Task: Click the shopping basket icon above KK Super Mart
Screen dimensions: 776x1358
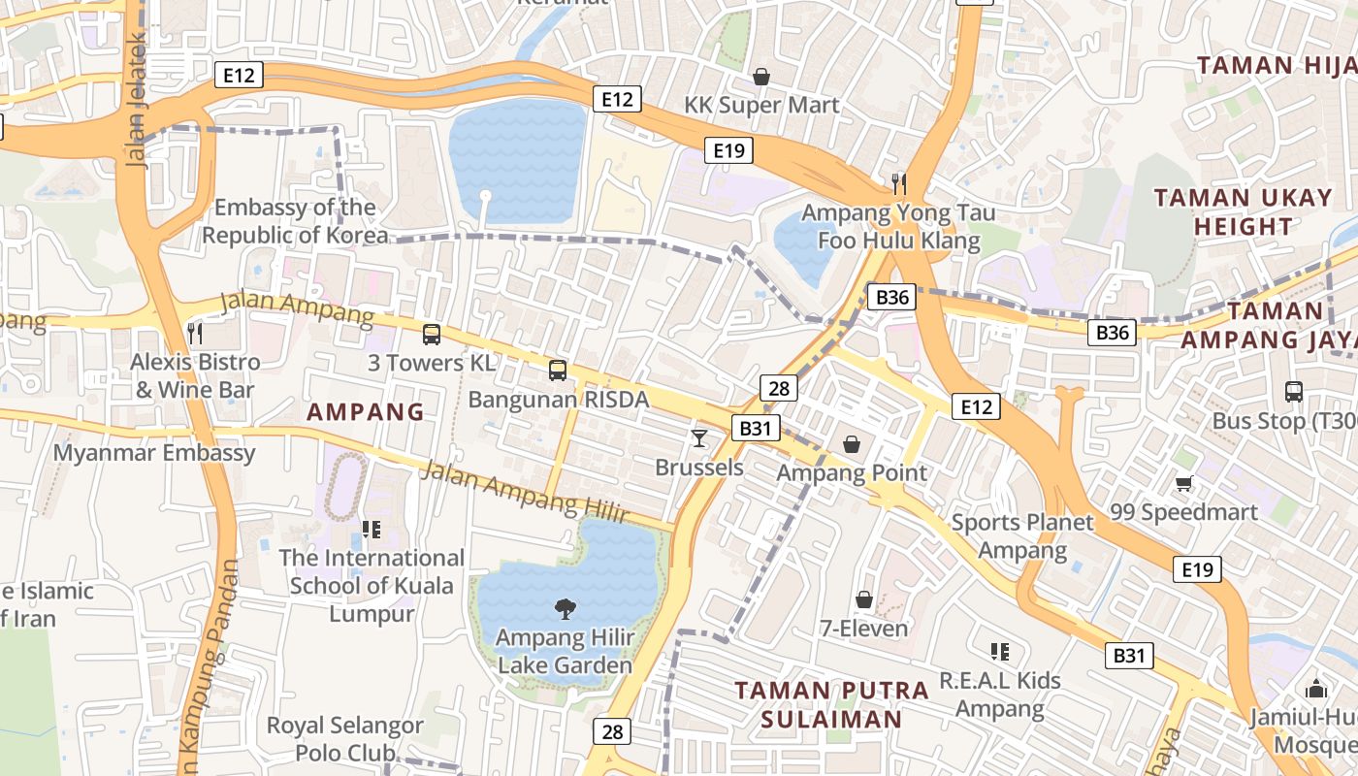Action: coord(761,77)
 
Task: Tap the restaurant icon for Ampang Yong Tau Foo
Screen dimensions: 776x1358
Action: coord(899,183)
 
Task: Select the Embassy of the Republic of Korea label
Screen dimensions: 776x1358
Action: coord(295,221)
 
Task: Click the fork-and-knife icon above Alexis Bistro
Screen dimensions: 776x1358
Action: coord(195,334)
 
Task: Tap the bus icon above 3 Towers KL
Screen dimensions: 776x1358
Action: coord(432,335)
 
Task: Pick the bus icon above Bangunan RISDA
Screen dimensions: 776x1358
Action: coord(558,370)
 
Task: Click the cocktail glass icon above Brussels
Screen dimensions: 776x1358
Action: coord(698,438)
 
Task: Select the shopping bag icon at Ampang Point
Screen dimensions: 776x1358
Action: coord(852,444)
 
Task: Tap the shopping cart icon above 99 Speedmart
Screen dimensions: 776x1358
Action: coord(1183,483)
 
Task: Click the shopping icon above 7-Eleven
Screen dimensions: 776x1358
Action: coord(863,600)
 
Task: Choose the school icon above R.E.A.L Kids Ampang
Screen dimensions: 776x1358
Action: coord(999,652)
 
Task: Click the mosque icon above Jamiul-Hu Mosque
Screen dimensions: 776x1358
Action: coord(1316,689)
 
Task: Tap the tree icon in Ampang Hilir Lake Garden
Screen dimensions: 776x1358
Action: coord(564,609)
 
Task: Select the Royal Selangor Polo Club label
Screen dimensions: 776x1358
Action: coord(344,738)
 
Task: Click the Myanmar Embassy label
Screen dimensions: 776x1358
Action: coord(154,453)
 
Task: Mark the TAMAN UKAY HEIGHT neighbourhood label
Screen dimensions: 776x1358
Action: coord(1243,212)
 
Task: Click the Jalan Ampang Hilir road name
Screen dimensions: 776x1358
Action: coord(525,492)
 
